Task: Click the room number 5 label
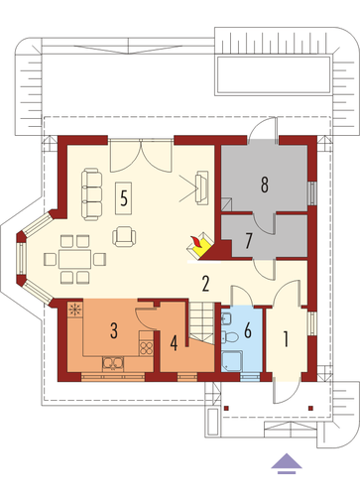pyautogui.click(x=124, y=198)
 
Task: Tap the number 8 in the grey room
pyautogui.click(x=265, y=185)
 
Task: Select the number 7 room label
pyautogui.click(x=249, y=241)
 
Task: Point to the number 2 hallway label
pyautogui.click(x=205, y=284)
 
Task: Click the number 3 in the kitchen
pyautogui.click(x=114, y=331)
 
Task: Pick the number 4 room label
pyautogui.click(x=174, y=343)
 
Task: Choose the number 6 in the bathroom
pyautogui.click(x=248, y=329)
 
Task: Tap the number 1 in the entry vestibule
pyautogui.click(x=287, y=338)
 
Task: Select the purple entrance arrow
pyautogui.click(x=287, y=463)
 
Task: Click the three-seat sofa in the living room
pyautogui.click(x=91, y=194)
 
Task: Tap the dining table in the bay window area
pyautogui.click(x=74, y=259)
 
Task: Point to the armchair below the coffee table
pyautogui.click(x=124, y=236)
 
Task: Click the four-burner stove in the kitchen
pyautogui.click(x=146, y=348)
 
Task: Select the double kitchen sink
pyautogui.click(x=113, y=364)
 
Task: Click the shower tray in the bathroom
pyautogui.click(x=232, y=361)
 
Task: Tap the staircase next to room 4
pyautogui.click(x=201, y=321)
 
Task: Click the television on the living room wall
pyautogui.click(x=201, y=188)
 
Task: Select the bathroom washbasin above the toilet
pyautogui.click(x=227, y=318)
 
